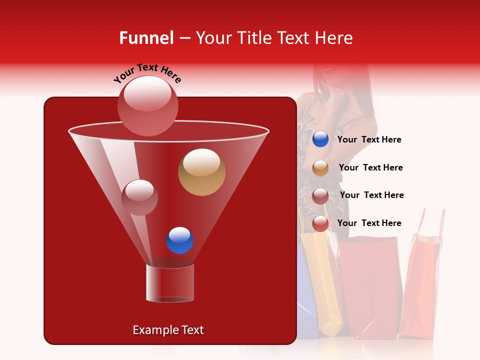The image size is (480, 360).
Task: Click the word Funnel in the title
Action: click(x=146, y=38)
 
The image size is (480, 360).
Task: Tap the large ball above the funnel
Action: click(x=148, y=105)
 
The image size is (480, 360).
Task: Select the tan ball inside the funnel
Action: click(x=201, y=172)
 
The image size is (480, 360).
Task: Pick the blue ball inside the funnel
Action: click(x=179, y=240)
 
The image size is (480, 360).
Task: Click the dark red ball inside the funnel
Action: click(x=139, y=197)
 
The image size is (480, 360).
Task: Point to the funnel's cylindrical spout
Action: click(x=169, y=283)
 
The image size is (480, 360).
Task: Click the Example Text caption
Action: click(x=168, y=330)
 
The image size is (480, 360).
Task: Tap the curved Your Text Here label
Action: click(x=147, y=73)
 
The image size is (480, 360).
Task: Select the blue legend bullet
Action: click(x=320, y=139)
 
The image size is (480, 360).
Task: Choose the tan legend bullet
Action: click(x=320, y=168)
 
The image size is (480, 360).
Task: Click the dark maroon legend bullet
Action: click(x=320, y=196)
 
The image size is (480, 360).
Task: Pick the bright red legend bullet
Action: click(x=320, y=223)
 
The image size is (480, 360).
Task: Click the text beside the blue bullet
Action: click(x=369, y=140)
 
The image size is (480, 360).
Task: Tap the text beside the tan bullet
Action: click(x=370, y=168)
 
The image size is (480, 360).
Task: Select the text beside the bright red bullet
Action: click(x=369, y=223)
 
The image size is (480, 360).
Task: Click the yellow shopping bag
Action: click(x=321, y=280)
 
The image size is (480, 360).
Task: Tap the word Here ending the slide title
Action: click(x=333, y=38)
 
